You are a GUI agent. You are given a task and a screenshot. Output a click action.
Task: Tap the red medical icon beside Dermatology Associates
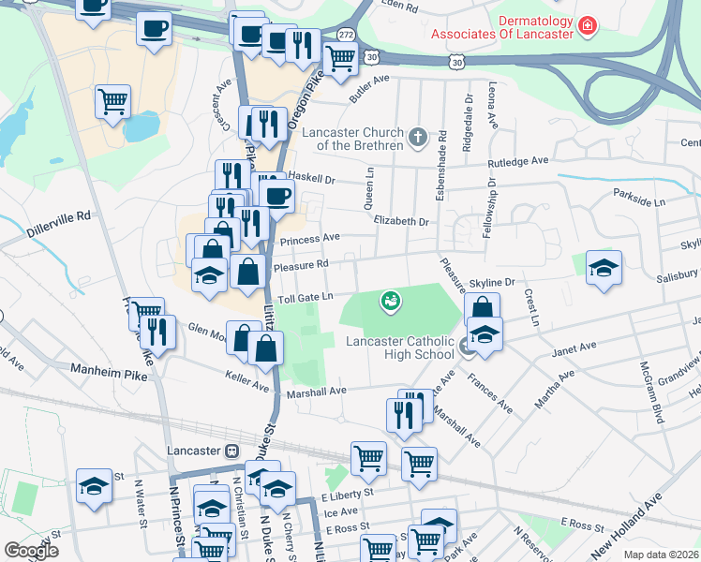coord(588,23)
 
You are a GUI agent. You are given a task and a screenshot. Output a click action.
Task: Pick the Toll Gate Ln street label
coord(306,297)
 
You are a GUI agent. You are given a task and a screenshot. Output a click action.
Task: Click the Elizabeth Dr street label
coord(400,222)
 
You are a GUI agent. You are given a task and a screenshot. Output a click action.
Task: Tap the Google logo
coord(31,551)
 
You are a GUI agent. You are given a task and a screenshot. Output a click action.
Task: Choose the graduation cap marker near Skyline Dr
coord(604,267)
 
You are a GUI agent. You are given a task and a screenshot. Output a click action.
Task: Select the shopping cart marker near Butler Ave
coord(340,58)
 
